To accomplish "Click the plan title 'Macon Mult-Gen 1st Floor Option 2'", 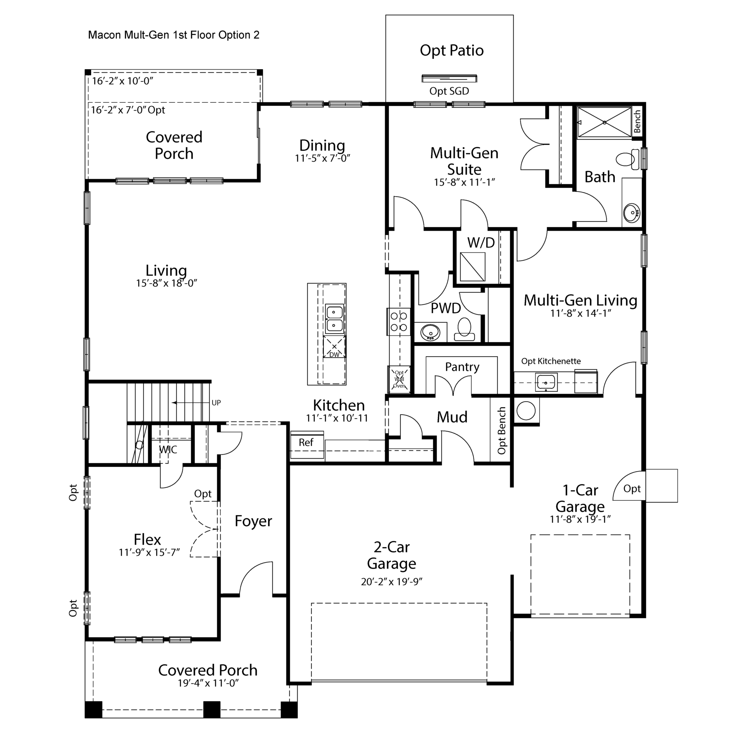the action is (x=174, y=35).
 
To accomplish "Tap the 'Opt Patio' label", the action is (x=452, y=51).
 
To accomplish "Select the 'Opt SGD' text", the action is (x=449, y=91).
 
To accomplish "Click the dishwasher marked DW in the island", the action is (x=334, y=347).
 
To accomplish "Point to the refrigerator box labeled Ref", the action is (x=307, y=444).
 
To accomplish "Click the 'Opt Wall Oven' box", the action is (x=399, y=379).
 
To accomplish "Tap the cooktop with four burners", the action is (x=399, y=322).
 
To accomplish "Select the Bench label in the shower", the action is (x=637, y=121).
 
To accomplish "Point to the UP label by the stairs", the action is (x=216, y=403).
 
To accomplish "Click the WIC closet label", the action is (x=168, y=449).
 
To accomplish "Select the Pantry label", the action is (x=462, y=367).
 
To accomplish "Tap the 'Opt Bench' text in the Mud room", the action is (x=502, y=430).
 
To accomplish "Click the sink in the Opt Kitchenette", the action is (x=546, y=382).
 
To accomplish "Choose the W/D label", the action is (x=481, y=243).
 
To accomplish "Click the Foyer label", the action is (x=253, y=521).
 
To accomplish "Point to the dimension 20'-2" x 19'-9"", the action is (x=391, y=582).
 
